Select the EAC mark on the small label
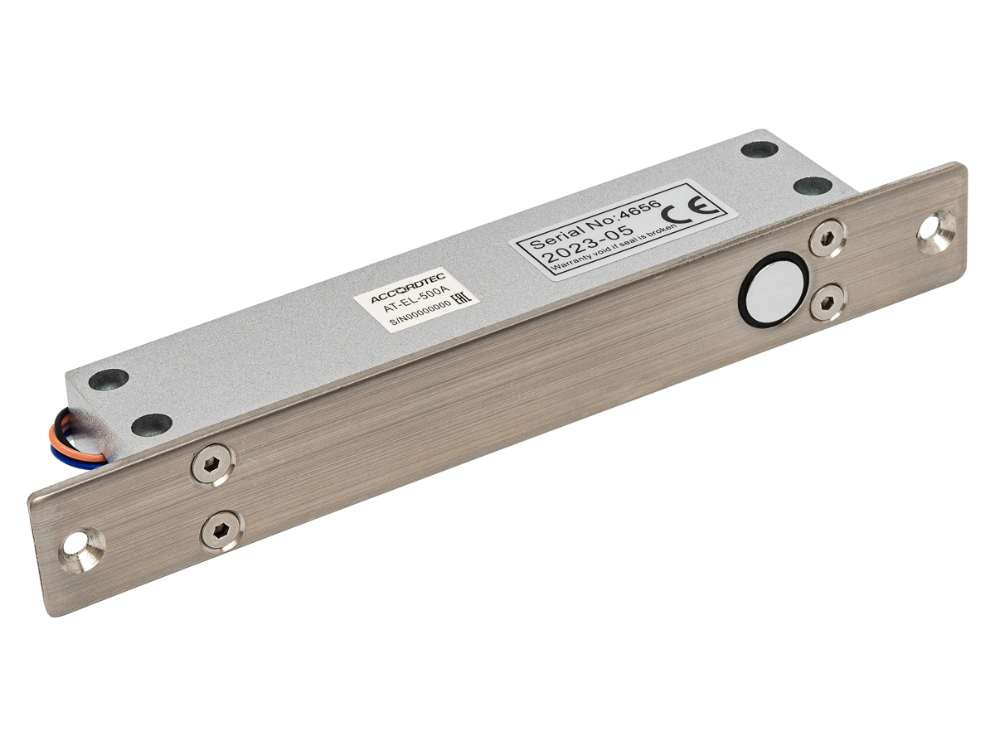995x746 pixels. click(463, 299)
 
